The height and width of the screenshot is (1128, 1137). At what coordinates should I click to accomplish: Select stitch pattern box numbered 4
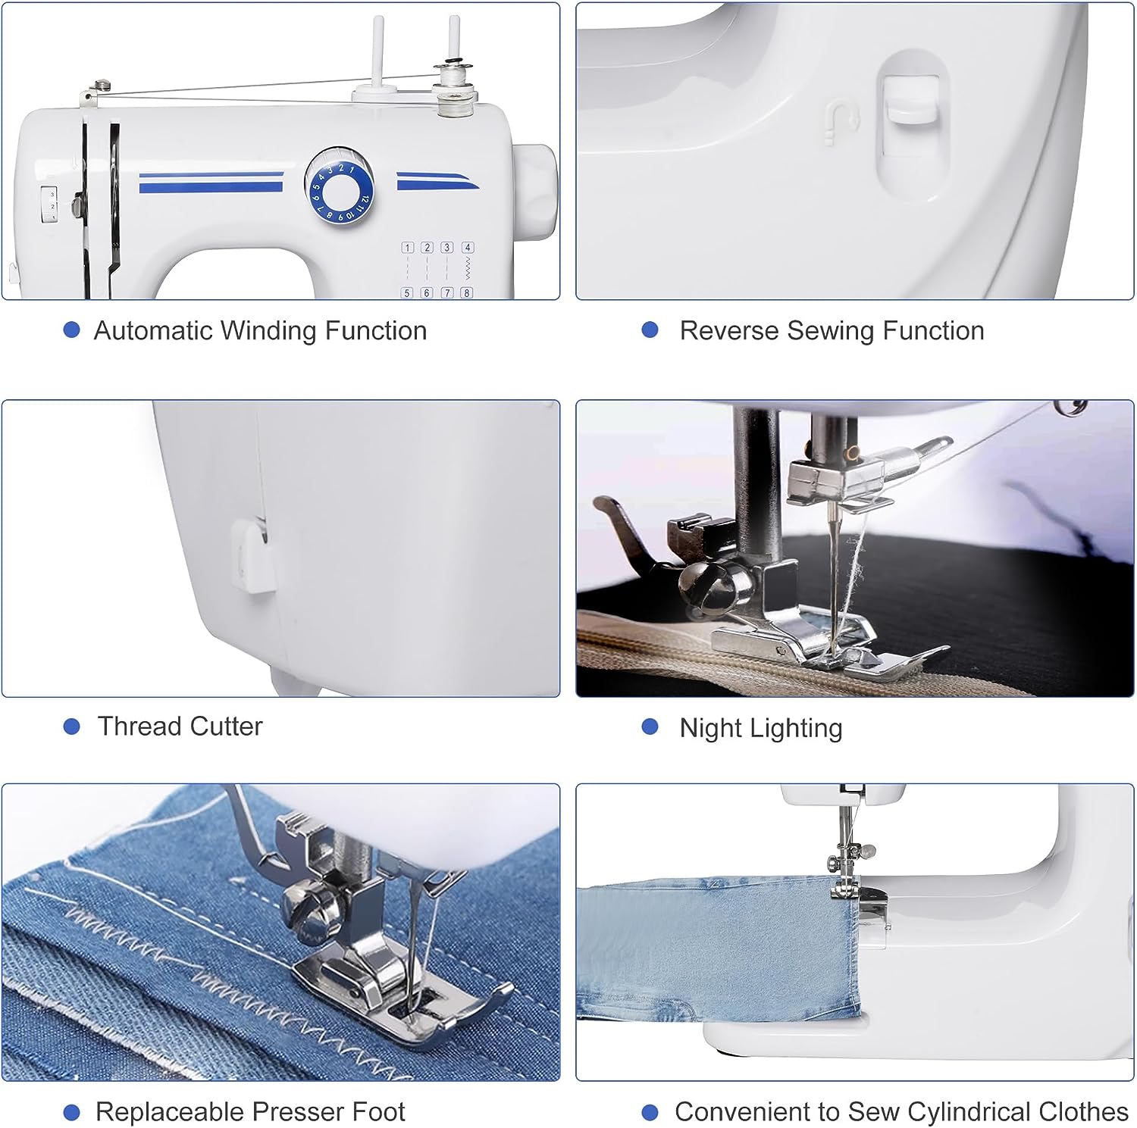(468, 248)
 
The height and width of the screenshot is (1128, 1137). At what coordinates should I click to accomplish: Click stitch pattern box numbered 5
(407, 292)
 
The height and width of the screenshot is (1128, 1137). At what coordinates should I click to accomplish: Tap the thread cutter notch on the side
(252, 555)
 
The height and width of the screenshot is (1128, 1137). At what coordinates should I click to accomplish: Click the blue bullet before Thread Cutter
(72, 726)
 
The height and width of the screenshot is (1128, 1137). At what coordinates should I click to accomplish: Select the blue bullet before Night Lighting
(650, 727)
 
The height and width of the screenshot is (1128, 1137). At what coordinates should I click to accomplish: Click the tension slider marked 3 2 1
(48, 205)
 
